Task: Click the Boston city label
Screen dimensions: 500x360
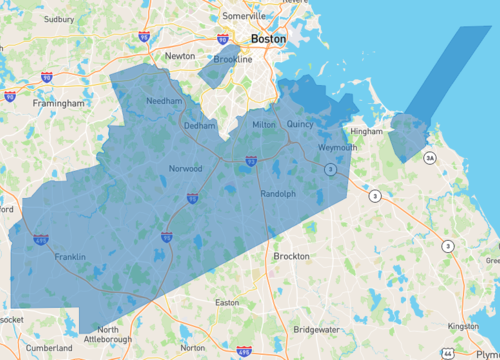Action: pyautogui.click(x=268, y=39)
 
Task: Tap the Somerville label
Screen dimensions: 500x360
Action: pyautogui.click(x=245, y=17)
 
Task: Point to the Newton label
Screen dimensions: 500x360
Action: pyautogui.click(x=180, y=56)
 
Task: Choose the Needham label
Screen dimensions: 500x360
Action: pyautogui.click(x=163, y=102)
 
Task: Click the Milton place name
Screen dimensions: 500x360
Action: pyautogui.click(x=264, y=124)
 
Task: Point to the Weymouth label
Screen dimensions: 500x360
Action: pyautogui.click(x=337, y=147)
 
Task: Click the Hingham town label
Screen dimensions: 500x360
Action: pyautogui.click(x=368, y=131)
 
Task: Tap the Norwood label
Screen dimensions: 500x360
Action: pyautogui.click(x=186, y=168)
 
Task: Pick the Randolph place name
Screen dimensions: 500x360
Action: pyautogui.click(x=278, y=193)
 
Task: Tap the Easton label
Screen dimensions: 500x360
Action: pyautogui.click(x=227, y=302)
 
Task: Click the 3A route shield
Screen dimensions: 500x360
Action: pyautogui.click(x=429, y=158)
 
